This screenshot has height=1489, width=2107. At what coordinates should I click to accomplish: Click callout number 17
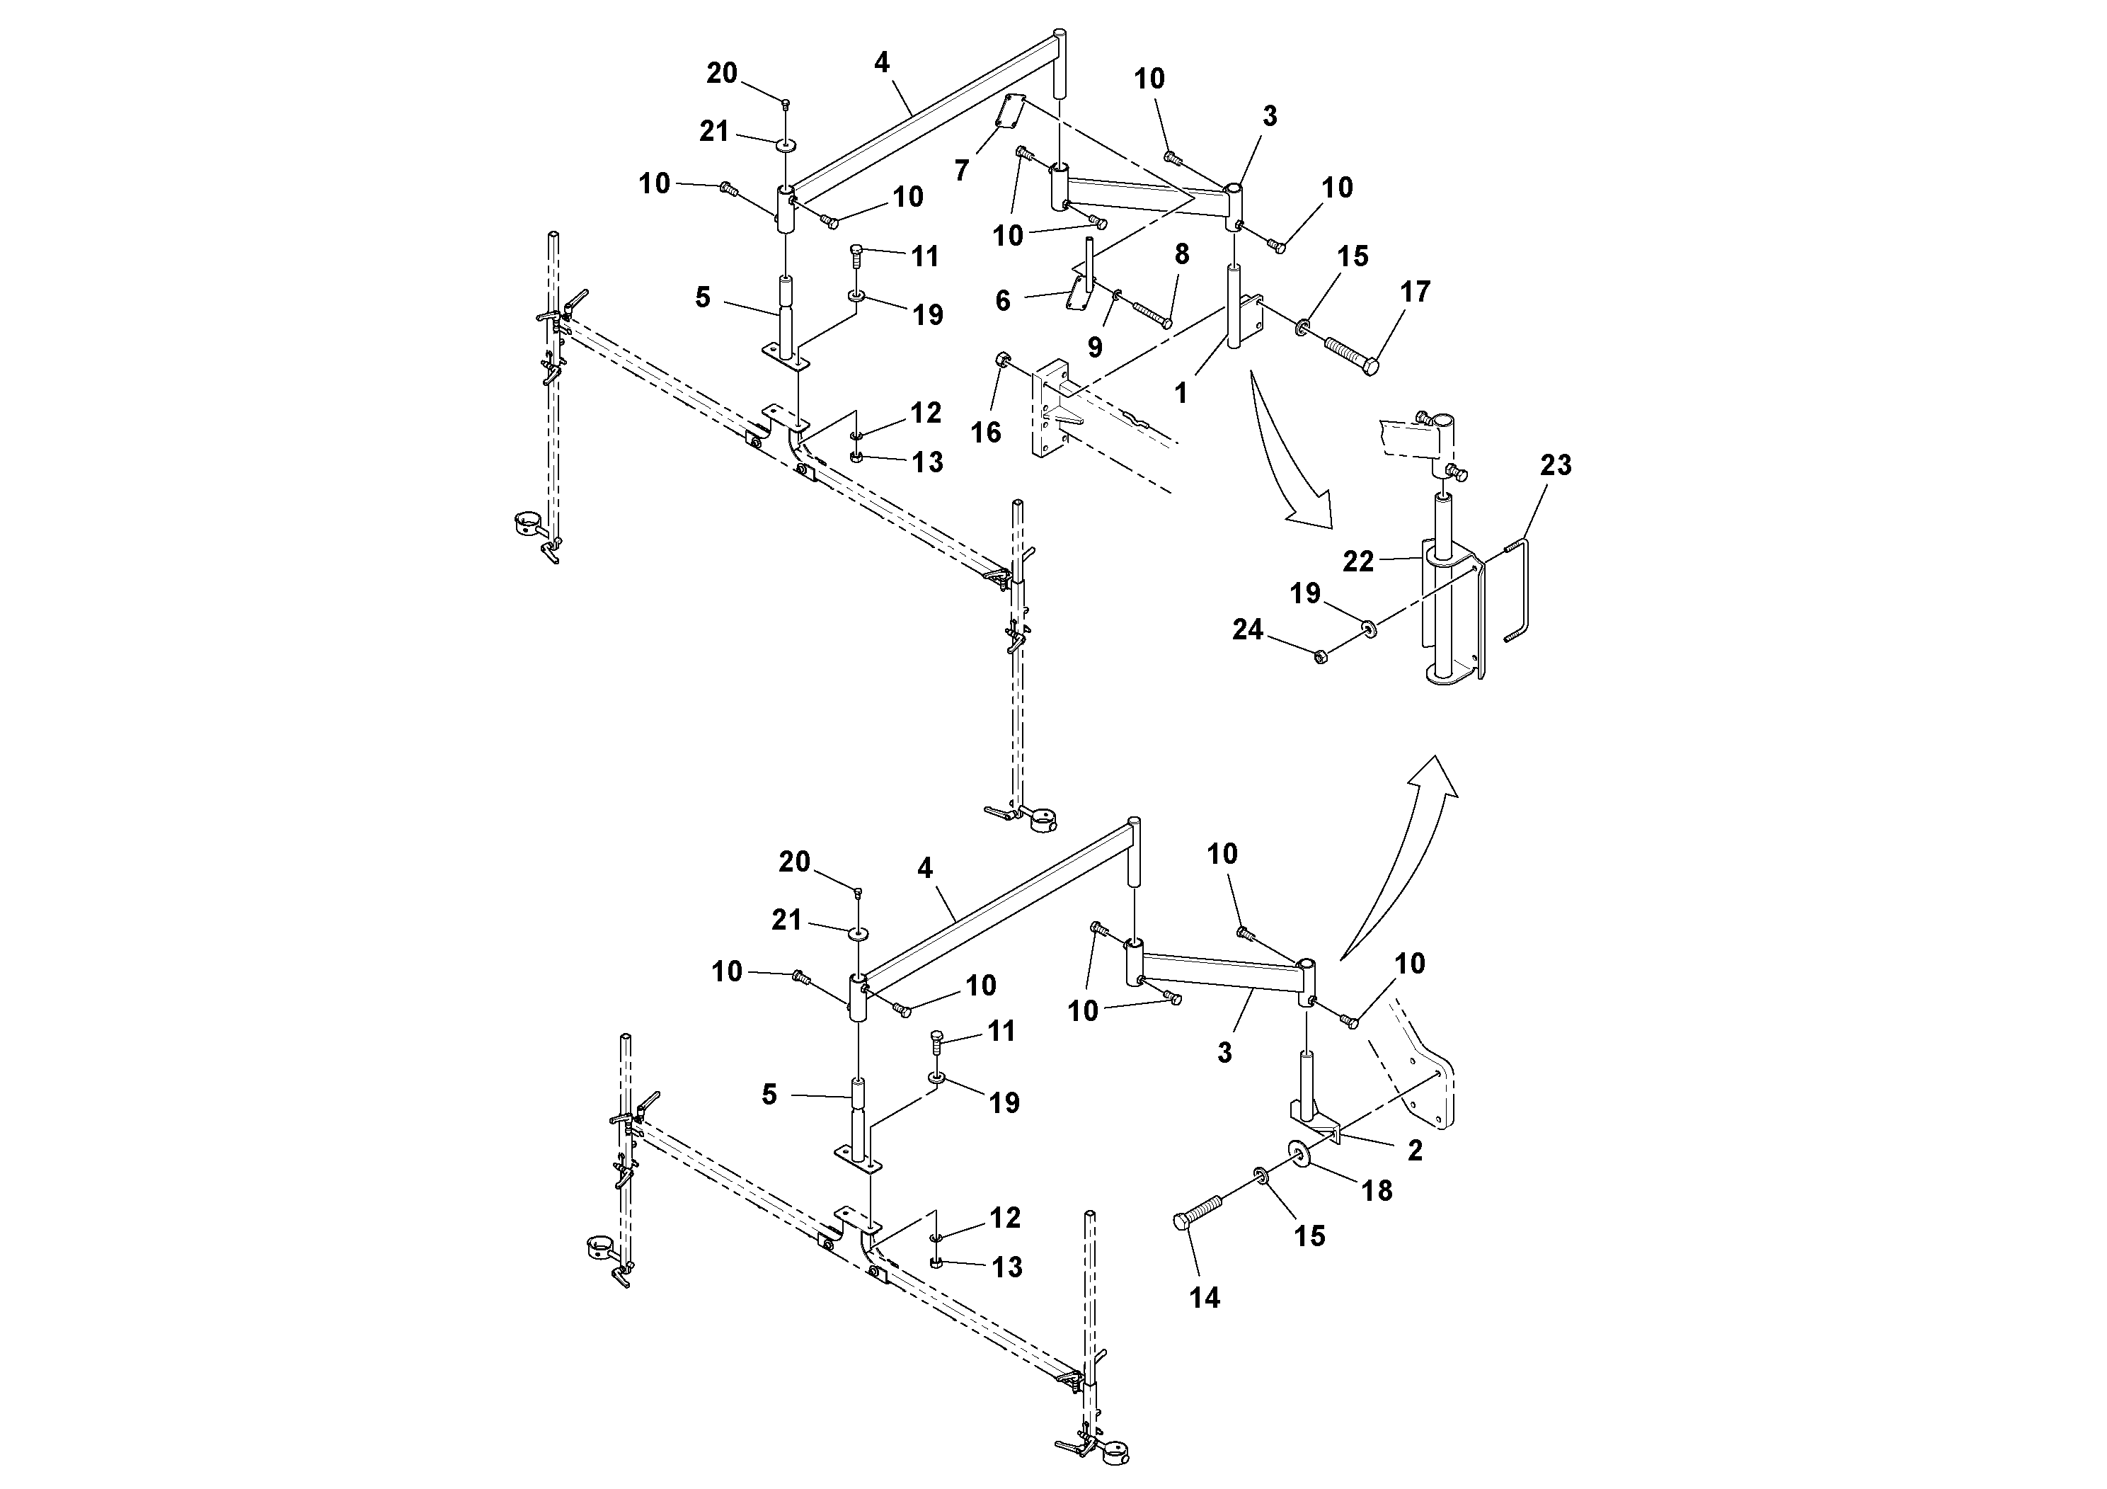coord(1415,292)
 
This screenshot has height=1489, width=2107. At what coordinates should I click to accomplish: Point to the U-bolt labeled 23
coord(1522,592)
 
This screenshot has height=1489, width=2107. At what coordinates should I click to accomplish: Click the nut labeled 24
coord(1321,656)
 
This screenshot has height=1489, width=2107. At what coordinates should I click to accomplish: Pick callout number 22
coord(1358,561)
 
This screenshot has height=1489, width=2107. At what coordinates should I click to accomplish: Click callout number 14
coord(1205,1297)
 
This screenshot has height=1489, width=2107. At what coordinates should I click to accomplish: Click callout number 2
coord(1414,1151)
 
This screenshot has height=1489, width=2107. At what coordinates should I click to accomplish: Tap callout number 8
coord(1182,254)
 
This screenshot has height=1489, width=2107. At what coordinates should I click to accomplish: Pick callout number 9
coord(1095,347)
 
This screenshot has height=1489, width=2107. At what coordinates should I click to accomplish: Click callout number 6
coord(1003,300)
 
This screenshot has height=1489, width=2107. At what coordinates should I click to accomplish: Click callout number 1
coord(1181,393)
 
